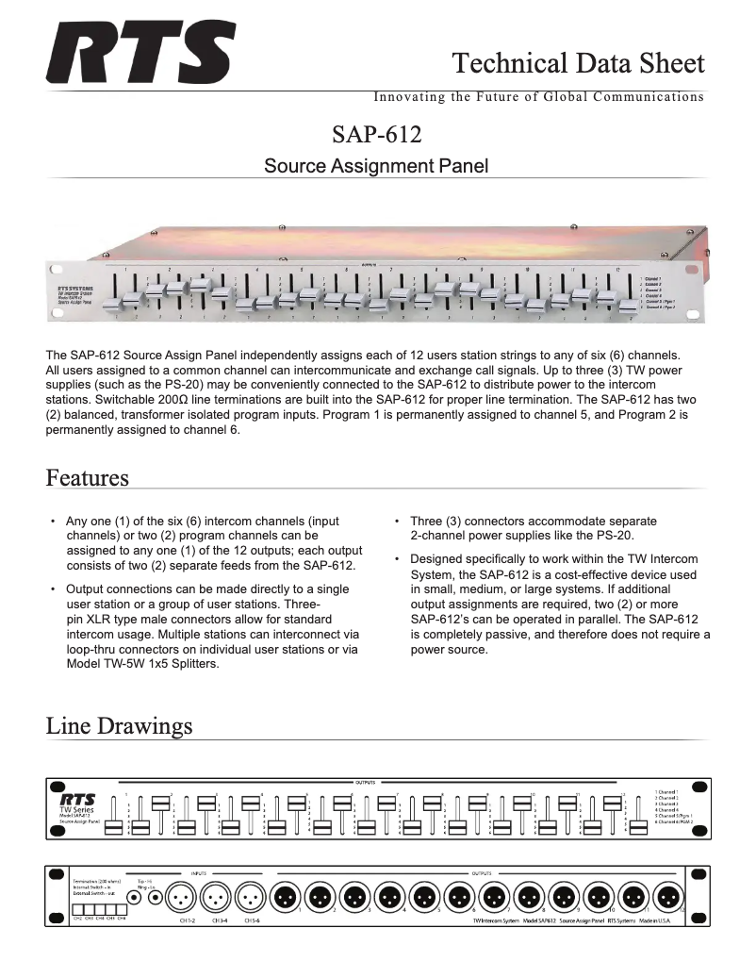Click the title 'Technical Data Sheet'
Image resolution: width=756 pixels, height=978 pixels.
point(578,63)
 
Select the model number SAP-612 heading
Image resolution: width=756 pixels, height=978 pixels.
point(376,134)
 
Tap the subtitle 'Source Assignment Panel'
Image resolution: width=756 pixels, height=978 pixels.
point(376,167)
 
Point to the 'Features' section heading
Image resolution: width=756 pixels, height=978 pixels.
point(88,478)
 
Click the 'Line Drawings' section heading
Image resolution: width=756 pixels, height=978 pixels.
point(119,726)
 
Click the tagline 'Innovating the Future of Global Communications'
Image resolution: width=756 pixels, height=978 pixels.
point(538,97)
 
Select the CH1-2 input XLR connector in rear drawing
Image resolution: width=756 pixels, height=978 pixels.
point(181,896)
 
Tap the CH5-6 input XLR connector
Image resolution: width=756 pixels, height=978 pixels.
point(250,896)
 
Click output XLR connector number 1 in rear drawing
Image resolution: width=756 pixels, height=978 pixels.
point(286,896)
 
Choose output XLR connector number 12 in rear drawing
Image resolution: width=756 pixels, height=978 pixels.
point(667,896)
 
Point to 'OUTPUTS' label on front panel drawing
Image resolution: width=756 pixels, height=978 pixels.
point(365,782)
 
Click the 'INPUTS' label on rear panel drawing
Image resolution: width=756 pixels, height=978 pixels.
point(198,873)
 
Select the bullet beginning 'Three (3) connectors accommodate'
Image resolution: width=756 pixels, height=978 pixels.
point(534,528)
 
